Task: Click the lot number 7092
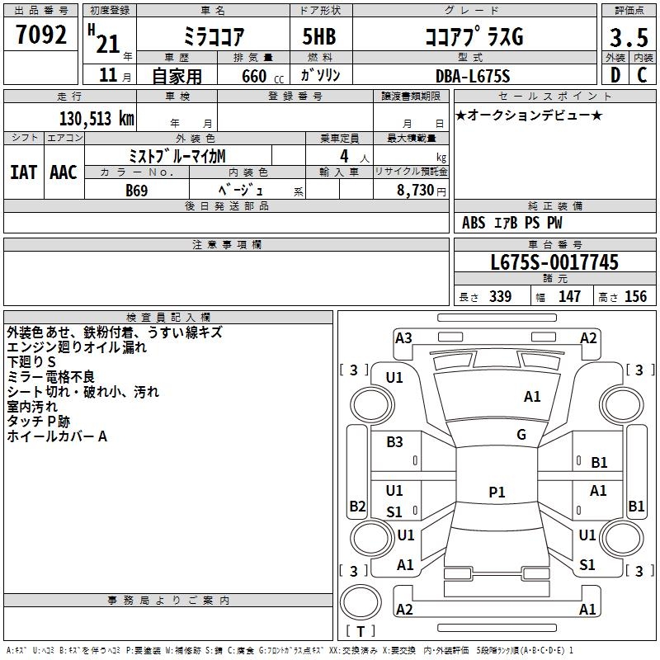(x=41, y=35)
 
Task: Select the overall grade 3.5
(x=629, y=37)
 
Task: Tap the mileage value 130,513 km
(x=97, y=119)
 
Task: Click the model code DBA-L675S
(x=473, y=76)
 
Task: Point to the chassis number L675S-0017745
(x=554, y=262)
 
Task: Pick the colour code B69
(x=137, y=191)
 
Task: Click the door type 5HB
(x=319, y=36)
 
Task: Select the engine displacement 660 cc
(x=262, y=77)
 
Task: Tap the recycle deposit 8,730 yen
(x=422, y=191)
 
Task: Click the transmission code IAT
(x=24, y=172)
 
